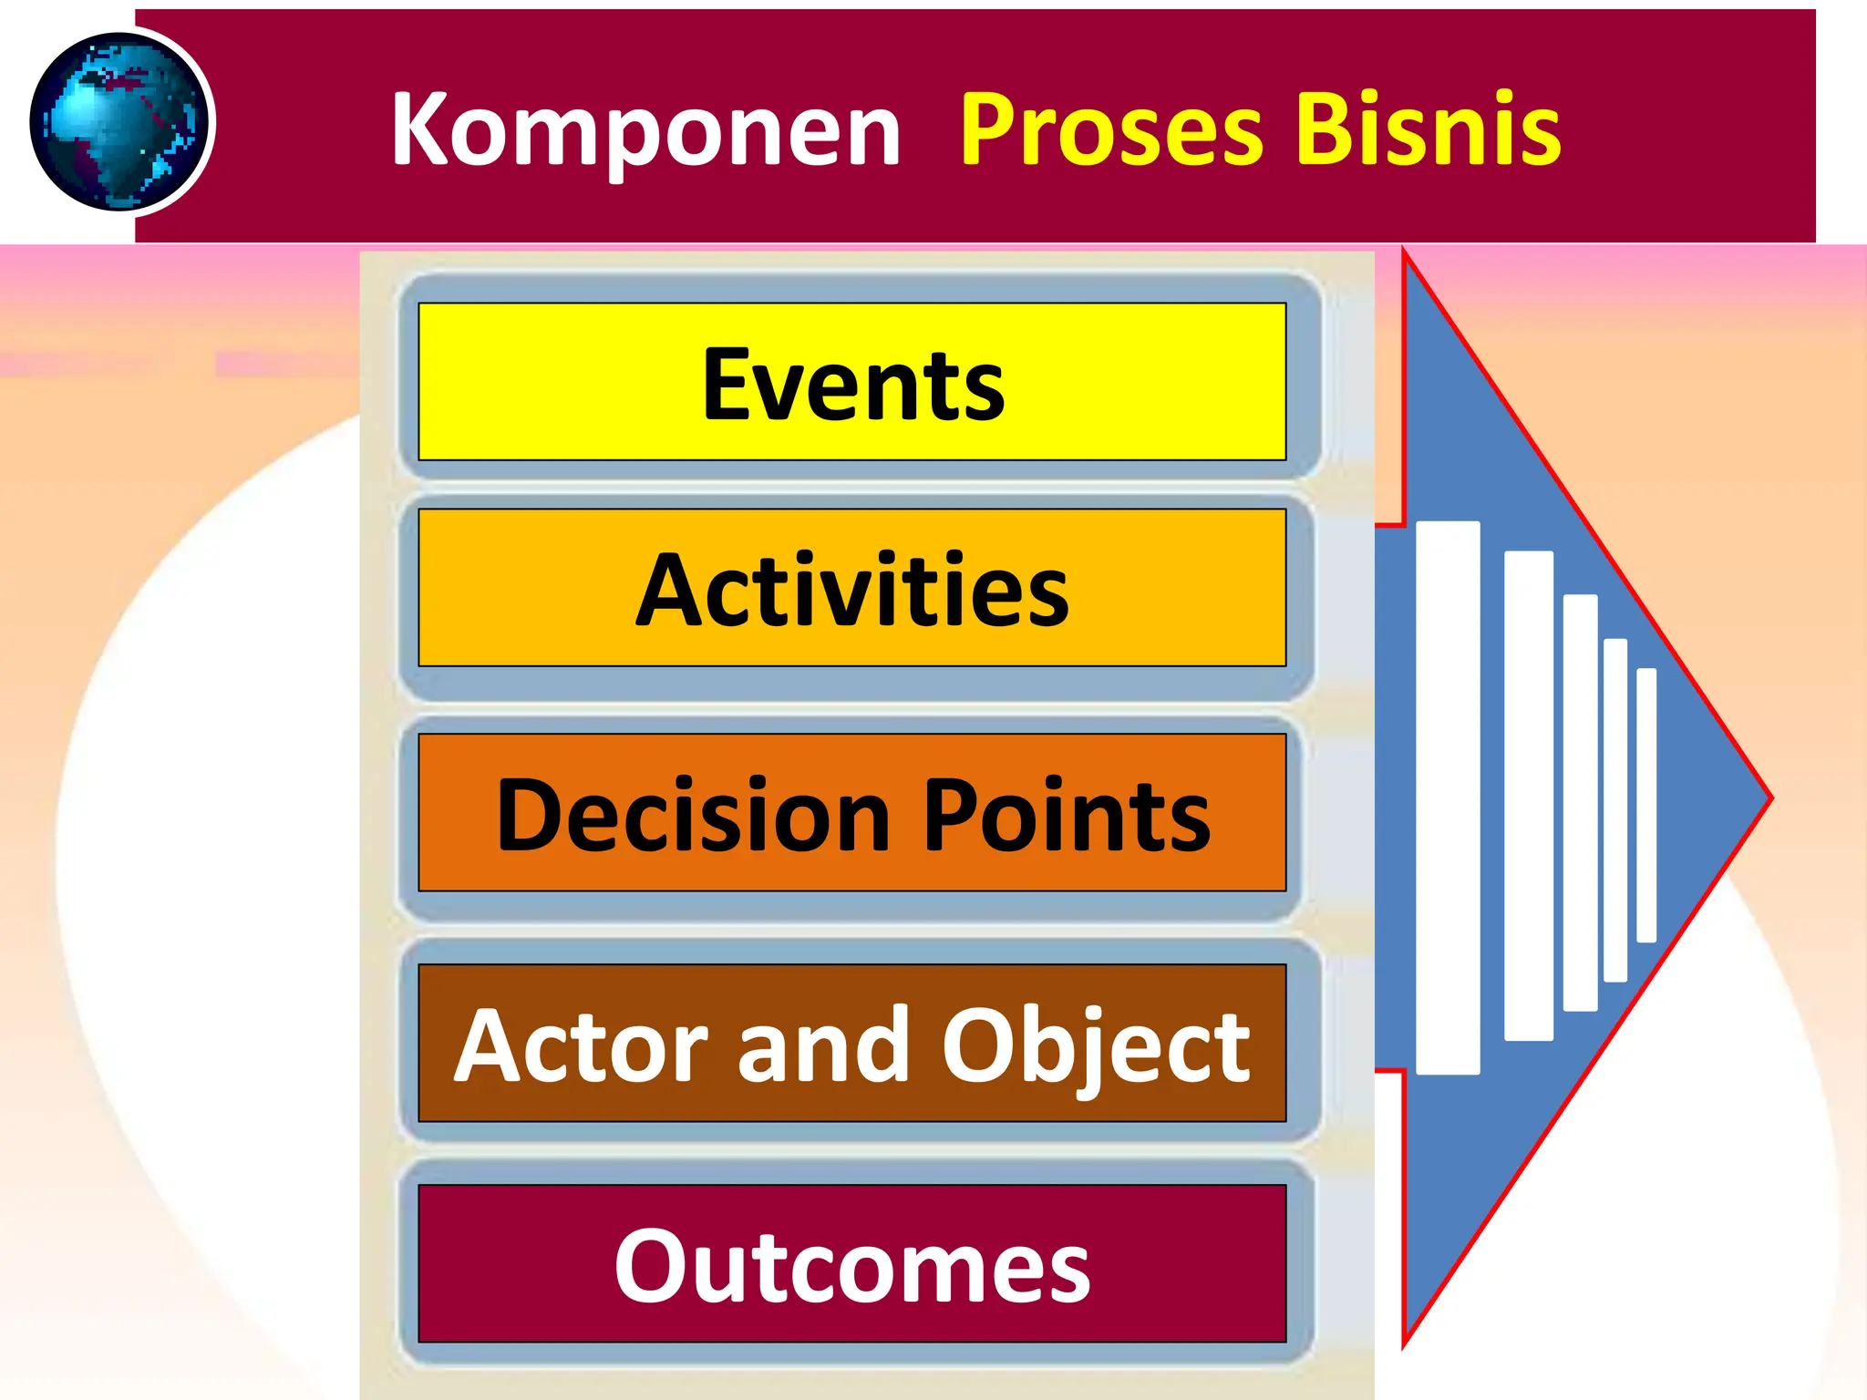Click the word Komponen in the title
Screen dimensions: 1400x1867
click(x=645, y=130)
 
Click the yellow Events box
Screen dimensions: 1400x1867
click(x=851, y=382)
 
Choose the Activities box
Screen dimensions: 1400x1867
click(x=851, y=588)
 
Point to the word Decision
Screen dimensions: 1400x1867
click(x=693, y=815)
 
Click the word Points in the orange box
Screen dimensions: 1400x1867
click(x=1067, y=815)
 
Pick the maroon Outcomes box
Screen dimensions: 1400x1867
click(x=851, y=1264)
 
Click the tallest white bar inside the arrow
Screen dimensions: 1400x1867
click(x=1448, y=798)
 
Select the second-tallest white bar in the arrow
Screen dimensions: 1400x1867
click(x=1528, y=796)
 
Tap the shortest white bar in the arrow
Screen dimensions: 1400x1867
click(x=1645, y=805)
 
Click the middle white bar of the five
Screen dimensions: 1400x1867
click(x=1580, y=802)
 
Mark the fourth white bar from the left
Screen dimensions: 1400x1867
click(x=1614, y=809)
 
